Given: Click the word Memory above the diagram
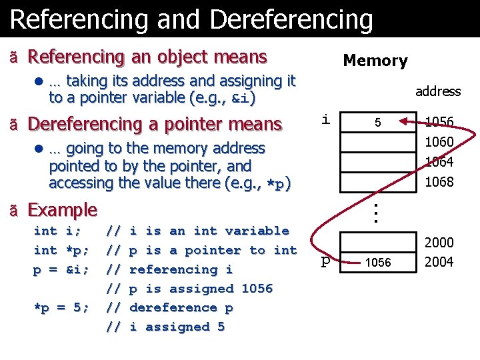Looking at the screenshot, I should [375, 61].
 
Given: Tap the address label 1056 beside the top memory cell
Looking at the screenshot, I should [439, 122].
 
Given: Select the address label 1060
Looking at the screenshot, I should [439, 142].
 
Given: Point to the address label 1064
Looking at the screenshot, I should [439, 162].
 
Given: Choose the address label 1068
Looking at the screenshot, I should [439, 182].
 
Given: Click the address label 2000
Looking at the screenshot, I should [439, 243].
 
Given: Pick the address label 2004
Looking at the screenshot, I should [439, 262].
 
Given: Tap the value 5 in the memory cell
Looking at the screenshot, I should [377, 123].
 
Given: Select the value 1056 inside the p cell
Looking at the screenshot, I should [377, 263].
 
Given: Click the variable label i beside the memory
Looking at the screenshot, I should [325, 120].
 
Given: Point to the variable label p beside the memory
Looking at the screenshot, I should [325, 262].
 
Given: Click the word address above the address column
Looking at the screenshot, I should [438, 91].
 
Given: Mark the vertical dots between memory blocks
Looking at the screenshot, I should [376, 213].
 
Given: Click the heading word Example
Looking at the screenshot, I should [63, 210].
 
